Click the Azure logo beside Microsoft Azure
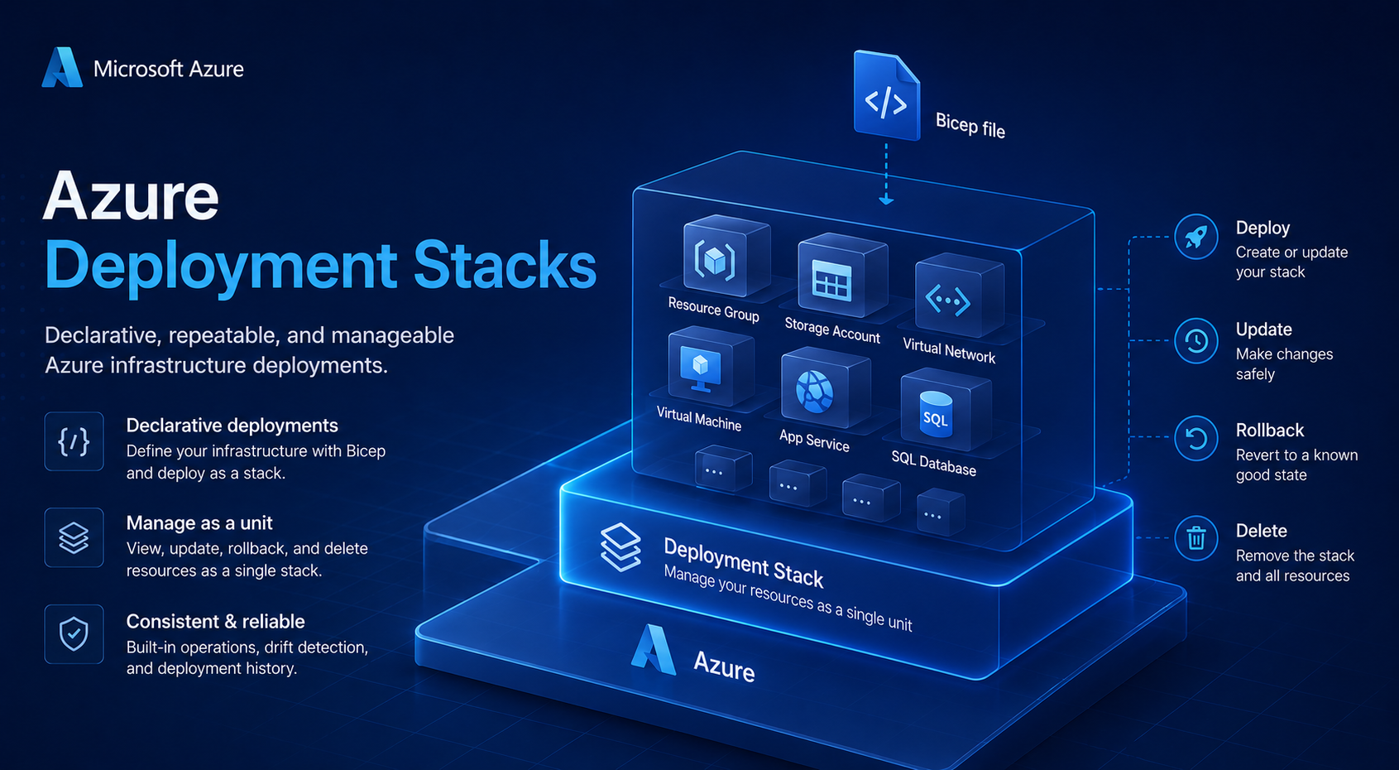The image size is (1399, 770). (x=62, y=67)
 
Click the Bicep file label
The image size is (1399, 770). (x=970, y=124)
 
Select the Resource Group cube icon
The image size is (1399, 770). (x=726, y=256)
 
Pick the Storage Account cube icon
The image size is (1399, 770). (x=842, y=275)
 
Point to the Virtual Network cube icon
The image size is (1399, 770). (x=960, y=295)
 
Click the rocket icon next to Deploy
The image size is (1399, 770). (x=1195, y=237)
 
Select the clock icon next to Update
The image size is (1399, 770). (x=1195, y=340)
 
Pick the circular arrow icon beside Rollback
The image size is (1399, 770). (x=1195, y=438)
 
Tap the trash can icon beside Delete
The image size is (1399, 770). (x=1195, y=538)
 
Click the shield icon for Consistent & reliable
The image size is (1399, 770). (x=74, y=633)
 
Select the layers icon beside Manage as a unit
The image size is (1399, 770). (x=74, y=537)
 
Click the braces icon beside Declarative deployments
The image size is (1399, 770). (x=74, y=441)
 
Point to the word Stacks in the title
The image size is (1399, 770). (x=505, y=265)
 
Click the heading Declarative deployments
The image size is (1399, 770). (x=232, y=426)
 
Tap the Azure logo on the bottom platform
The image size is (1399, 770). (x=653, y=649)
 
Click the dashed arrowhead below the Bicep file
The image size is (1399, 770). (x=885, y=200)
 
